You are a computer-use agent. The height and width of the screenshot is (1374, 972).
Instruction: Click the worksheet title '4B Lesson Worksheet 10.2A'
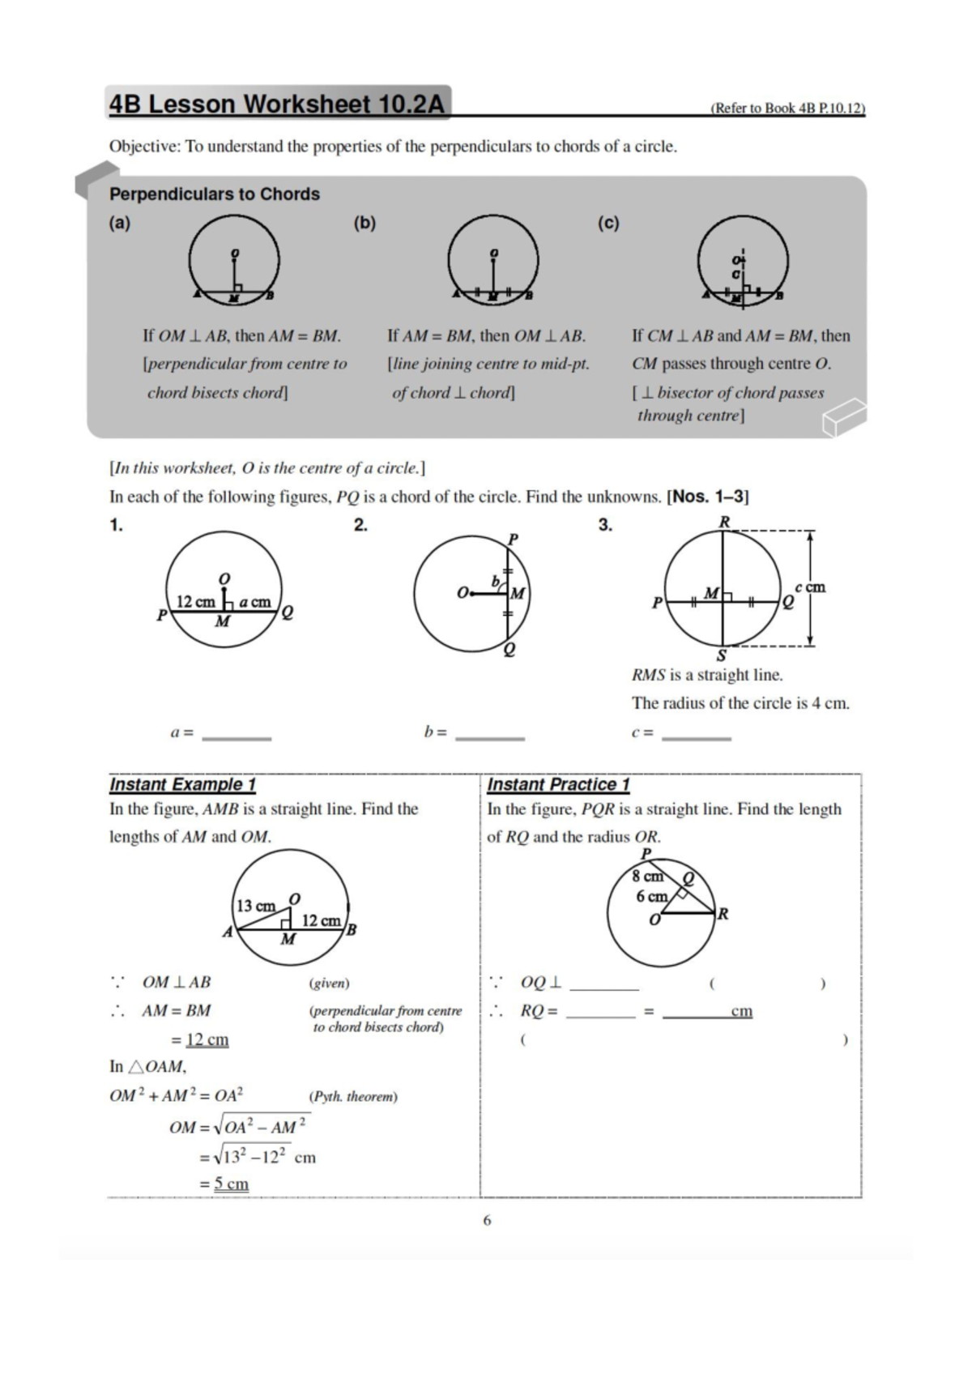point(277,105)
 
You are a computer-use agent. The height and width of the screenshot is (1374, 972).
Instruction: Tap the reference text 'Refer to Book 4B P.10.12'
point(787,109)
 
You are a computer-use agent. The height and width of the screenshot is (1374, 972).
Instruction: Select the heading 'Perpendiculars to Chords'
point(215,194)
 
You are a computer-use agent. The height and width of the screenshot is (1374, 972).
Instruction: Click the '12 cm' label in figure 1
point(195,602)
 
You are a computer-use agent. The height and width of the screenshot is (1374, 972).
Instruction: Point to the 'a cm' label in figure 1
point(254,602)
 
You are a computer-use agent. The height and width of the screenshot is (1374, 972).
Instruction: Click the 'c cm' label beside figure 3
point(810,587)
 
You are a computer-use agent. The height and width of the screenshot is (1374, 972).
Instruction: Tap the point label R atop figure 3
point(725,523)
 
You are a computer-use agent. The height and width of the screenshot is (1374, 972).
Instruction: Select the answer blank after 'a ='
point(237,734)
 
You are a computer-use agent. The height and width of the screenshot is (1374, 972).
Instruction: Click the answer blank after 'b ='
point(490,734)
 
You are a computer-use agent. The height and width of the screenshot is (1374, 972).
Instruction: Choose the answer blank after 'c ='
point(697,734)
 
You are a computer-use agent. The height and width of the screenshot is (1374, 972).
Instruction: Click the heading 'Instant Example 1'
point(182,784)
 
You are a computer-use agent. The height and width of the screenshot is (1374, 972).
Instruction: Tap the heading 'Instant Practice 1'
point(558,784)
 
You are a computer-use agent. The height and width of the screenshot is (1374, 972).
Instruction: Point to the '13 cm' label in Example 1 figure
point(255,906)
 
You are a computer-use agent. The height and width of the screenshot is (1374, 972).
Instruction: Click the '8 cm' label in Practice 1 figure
point(647,877)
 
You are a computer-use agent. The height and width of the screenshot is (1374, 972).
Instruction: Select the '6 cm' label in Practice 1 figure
point(651,897)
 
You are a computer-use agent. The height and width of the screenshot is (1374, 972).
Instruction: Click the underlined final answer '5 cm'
point(231,1184)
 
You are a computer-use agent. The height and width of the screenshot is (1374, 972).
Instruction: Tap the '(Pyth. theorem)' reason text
point(353,1097)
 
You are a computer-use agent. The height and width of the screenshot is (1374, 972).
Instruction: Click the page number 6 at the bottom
point(487,1220)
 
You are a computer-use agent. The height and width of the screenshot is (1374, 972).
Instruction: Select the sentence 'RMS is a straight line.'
point(707,675)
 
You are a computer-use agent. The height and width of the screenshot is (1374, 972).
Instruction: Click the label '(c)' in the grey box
point(608,223)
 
